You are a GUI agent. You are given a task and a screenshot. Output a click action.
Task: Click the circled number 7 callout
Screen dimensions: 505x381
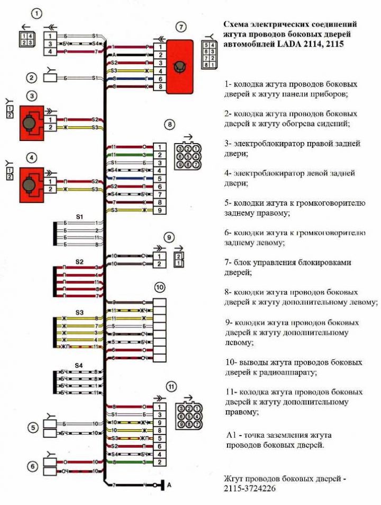point(182,26)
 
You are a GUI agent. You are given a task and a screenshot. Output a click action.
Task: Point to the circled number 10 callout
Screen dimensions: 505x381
point(159,287)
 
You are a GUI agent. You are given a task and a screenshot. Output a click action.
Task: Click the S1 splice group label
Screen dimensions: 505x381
point(79,217)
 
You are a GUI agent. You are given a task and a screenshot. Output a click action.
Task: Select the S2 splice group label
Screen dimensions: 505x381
point(79,262)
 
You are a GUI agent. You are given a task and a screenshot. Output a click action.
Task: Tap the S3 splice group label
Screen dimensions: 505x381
point(79,312)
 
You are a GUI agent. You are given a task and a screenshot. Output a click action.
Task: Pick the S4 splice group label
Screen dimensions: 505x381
point(79,365)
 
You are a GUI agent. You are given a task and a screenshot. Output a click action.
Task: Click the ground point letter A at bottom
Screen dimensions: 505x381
point(169,485)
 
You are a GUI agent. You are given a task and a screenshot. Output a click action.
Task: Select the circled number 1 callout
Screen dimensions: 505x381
point(36,13)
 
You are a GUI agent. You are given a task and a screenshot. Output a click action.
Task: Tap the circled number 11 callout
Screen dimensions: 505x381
point(170,386)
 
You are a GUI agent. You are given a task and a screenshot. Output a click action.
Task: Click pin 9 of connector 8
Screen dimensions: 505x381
point(158,211)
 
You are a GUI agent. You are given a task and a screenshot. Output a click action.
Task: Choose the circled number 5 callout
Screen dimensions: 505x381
point(33,428)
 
